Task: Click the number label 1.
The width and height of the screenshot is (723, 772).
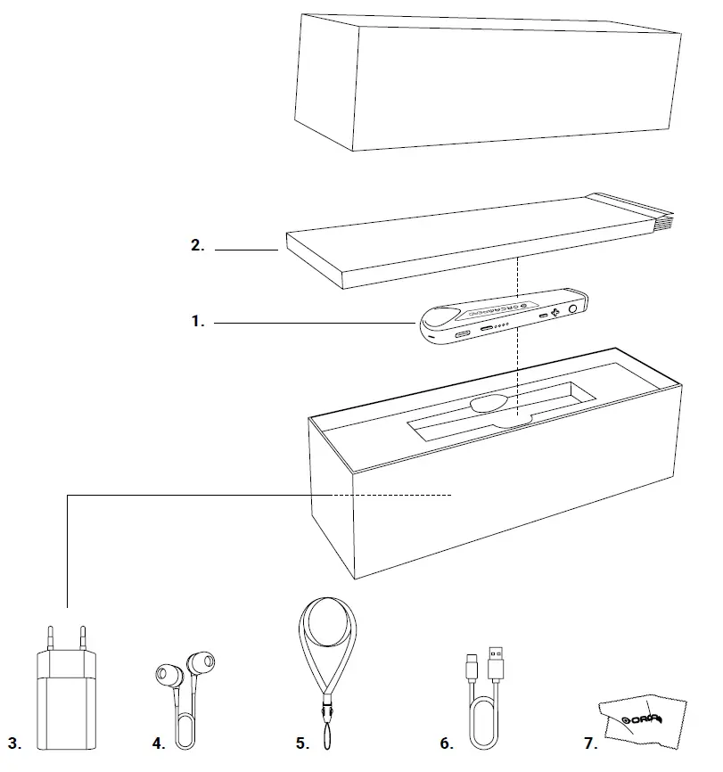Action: point(198,322)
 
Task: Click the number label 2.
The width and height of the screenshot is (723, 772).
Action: point(198,247)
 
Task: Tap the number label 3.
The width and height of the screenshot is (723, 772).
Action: point(14,742)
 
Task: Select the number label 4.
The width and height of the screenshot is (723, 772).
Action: point(159,742)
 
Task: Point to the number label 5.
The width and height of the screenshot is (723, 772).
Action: point(302,742)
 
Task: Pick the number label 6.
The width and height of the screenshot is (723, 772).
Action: point(447,742)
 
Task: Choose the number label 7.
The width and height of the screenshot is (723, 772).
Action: point(588,742)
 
